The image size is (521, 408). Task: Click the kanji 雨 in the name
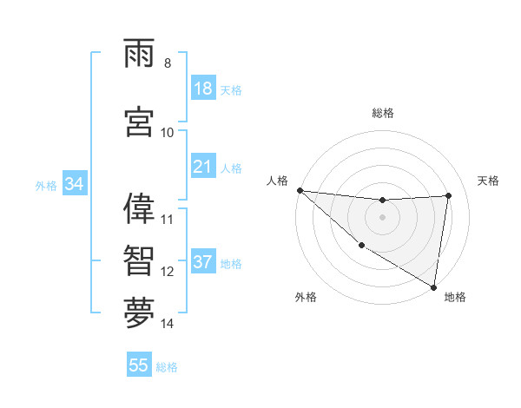click(x=139, y=54)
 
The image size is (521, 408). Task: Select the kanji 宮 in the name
click(x=139, y=122)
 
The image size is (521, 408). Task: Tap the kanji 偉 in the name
click(x=139, y=207)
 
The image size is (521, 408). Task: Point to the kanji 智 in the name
click(x=139, y=260)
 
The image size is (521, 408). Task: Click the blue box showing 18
click(x=203, y=89)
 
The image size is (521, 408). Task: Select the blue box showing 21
click(x=203, y=167)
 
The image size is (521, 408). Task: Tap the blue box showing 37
click(x=203, y=262)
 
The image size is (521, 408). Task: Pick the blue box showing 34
click(x=74, y=184)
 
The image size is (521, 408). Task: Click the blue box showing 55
click(x=139, y=365)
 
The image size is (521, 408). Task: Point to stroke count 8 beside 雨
click(x=168, y=63)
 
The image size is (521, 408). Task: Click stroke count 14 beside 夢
click(x=168, y=324)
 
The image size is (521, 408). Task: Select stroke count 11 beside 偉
click(x=168, y=219)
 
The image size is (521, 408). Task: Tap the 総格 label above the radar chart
click(x=383, y=113)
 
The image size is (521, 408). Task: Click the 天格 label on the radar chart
click(x=489, y=181)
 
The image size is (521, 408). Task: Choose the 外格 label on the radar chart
click(x=306, y=297)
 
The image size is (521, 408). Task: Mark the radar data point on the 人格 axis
click(x=300, y=190)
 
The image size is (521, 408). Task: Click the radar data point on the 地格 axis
click(x=433, y=286)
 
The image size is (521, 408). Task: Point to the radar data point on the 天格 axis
click(x=448, y=195)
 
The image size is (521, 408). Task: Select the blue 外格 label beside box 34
click(x=46, y=185)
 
